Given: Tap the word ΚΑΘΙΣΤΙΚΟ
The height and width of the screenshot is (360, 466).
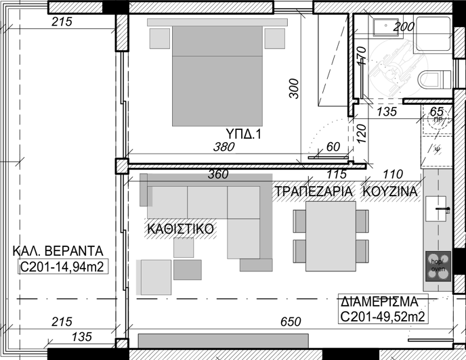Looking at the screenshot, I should [x=180, y=229].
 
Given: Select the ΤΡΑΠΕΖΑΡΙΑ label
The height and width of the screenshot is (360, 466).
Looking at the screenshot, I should [x=314, y=192].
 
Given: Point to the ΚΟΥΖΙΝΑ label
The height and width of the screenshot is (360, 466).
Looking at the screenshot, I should [x=390, y=192].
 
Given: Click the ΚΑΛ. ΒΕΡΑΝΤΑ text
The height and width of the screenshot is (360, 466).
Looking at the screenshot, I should [x=57, y=253].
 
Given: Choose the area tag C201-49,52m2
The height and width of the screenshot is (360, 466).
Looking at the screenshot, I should [x=383, y=317].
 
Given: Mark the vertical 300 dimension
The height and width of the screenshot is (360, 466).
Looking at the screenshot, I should [x=293, y=89].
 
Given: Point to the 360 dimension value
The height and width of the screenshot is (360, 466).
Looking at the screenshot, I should [x=218, y=174].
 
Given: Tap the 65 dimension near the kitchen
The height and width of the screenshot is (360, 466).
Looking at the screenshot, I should [x=436, y=111].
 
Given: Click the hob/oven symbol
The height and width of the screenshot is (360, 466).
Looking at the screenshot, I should [x=438, y=265].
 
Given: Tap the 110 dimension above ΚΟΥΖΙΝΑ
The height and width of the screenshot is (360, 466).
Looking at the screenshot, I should [x=393, y=174].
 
